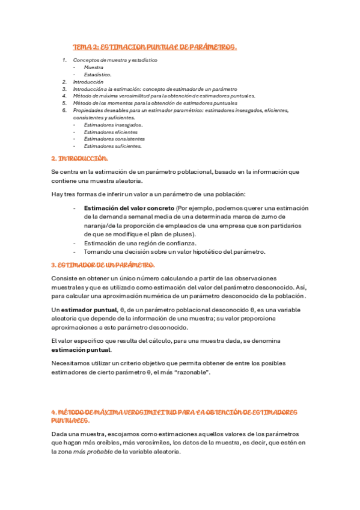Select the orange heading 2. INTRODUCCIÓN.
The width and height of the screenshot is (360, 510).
[x=80, y=159]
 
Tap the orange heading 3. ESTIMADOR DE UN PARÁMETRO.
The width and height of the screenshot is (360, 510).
[x=103, y=265]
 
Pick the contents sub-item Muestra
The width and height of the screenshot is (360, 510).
[x=94, y=67]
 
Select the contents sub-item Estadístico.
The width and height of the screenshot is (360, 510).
[x=98, y=75]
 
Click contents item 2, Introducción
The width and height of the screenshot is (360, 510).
[x=88, y=82]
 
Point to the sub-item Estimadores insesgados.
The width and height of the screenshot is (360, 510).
[x=113, y=124]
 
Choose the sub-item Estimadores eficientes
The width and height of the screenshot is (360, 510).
[x=111, y=132]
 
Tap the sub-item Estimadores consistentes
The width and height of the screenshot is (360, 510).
[x=114, y=138]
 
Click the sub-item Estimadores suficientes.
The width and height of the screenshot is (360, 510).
[x=113, y=146]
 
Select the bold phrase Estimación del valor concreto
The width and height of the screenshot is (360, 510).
[x=124, y=207]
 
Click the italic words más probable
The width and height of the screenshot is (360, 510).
[x=92, y=452]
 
